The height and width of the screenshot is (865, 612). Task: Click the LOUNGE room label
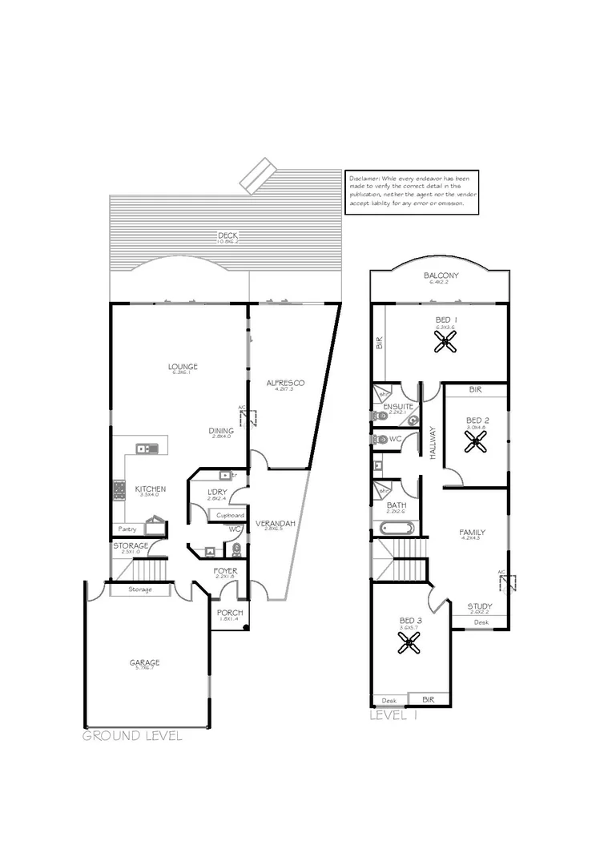point(183,367)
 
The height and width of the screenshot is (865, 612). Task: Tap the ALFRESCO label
point(285,384)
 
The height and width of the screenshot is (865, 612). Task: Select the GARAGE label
point(145,662)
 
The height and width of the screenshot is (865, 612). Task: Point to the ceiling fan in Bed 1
point(445,343)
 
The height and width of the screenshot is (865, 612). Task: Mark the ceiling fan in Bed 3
point(410,641)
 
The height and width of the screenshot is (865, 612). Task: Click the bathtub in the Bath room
point(395,529)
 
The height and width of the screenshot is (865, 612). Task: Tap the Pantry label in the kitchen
point(127,529)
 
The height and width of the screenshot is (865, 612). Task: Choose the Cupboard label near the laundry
point(230,515)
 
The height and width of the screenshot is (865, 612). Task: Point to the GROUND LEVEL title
point(132,735)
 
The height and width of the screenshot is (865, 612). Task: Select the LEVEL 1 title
point(394,716)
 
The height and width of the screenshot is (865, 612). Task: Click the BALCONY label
point(441,277)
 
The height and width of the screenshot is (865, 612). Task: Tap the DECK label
point(227,235)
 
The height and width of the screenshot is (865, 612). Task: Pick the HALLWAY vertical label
point(432,442)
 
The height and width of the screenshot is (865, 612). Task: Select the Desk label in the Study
point(481,622)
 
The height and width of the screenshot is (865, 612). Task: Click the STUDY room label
point(481,606)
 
